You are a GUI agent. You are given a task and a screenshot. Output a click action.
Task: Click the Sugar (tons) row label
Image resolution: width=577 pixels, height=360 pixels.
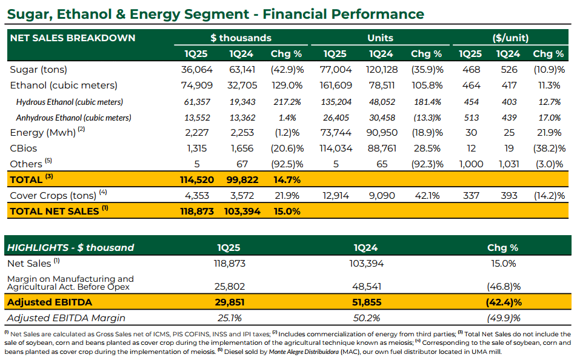[x=38, y=70]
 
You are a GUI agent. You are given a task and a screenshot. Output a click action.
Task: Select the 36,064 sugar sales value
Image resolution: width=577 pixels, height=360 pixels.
[x=197, y=70]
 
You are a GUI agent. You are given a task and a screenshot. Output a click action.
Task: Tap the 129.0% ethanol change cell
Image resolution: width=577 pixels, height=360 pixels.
[x=287, y=85]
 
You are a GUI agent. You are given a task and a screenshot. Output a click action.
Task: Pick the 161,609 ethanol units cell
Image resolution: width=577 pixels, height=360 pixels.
[x=336, y=85]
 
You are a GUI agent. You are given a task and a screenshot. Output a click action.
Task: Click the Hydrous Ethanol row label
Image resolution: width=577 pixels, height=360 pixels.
[x=70, y=102]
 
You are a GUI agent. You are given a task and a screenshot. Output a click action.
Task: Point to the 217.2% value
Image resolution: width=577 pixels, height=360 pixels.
[x=287, y=102]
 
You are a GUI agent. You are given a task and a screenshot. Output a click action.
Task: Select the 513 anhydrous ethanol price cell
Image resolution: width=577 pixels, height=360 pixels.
[x=472, y=118]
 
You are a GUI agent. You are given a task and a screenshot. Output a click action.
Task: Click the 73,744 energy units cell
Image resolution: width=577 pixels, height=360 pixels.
[x=336, y=133]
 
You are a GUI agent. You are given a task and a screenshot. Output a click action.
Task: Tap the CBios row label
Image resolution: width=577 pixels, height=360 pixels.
[x=24, y=148]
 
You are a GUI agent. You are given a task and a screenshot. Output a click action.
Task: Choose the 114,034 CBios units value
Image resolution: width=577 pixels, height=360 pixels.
[x=336, y=148]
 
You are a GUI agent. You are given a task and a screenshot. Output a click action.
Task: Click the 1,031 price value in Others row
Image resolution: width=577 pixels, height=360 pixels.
[x=509, y=164]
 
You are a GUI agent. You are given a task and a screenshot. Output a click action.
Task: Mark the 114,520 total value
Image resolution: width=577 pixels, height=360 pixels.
[x=197, y=179]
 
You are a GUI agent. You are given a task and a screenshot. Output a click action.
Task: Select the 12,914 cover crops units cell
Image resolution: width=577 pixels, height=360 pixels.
[x=336, y=196]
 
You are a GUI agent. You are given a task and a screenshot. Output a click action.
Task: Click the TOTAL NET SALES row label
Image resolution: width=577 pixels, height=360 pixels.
[x=55, y=212]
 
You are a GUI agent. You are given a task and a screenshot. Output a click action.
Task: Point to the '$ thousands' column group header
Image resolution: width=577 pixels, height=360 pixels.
[x=241, y=38]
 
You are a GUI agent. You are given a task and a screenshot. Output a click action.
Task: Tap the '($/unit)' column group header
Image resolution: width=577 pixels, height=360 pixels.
[x=510, y=38]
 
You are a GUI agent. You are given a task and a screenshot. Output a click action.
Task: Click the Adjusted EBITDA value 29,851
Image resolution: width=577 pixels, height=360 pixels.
[x=230, y=302]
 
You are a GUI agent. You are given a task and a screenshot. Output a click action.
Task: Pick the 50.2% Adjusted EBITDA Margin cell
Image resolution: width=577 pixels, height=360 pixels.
[x=367, y=318]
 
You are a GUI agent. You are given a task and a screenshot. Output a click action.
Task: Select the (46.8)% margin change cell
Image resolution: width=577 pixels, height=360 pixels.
[x=504, y=287]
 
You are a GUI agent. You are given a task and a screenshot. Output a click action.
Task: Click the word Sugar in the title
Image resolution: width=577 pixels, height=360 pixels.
[x=30, y=15]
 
